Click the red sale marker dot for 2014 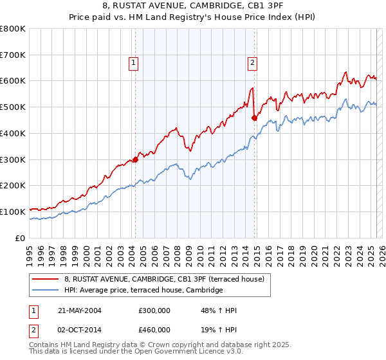[x=254, y=118]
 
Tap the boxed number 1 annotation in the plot [x=133, y=62]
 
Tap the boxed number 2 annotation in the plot [x=252, y=62]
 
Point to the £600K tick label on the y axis [x=13, y=81]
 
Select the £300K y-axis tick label [x=13, y=159]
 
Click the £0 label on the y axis [x=21, y=238]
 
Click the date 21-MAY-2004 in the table [x=80, y=310]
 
